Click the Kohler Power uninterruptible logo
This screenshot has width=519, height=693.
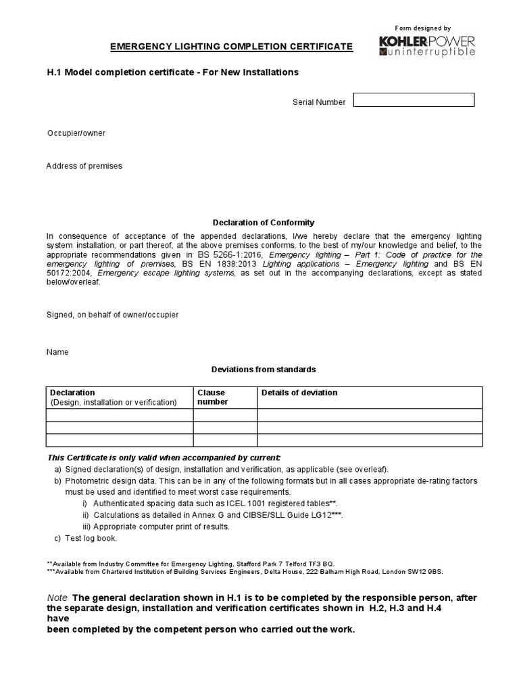427,46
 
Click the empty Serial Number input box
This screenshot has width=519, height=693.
414,100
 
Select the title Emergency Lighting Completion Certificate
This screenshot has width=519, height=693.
232,47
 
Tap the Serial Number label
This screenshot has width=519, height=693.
319,102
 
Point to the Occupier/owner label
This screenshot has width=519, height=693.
76,133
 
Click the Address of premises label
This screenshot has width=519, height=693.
84,166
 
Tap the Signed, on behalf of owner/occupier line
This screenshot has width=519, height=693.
112,315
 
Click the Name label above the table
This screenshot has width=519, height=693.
57,353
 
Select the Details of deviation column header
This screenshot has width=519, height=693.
299,393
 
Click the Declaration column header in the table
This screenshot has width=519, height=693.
73,393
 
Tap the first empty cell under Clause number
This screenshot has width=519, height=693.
225,415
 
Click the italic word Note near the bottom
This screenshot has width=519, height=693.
57,598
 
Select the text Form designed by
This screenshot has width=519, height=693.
423,28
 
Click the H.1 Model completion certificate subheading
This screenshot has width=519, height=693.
172,72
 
